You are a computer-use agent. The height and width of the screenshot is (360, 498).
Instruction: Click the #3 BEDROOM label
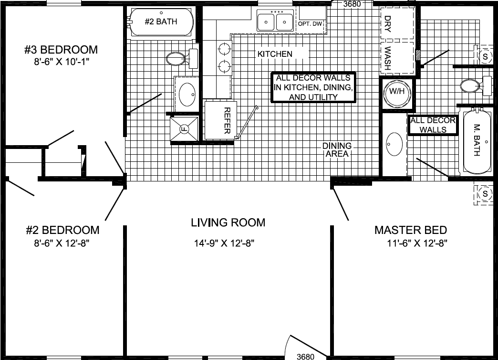pyautogui.click(x=61, y=50)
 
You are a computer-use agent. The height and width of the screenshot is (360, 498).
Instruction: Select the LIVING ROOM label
pyautogui.click(x=228, y=222)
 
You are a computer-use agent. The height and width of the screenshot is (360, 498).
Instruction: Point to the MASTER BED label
pyautogui.click(x=411, y=230)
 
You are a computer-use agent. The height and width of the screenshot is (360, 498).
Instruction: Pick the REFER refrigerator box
pyautogui.click(x=220, y=120)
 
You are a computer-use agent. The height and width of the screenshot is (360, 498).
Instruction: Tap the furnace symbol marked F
pyautogui.click(x=184, y=129)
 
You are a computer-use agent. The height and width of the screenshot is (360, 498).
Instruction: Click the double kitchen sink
pyautogui.click(x=275, y=21)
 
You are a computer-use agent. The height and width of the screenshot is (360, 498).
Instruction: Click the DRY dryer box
pyautogui.click(x=396, y=22)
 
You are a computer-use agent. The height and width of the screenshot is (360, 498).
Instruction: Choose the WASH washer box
pyautogui.click(x=396, y=58)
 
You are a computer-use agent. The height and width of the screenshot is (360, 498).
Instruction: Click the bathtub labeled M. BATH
pyautogui.click(x=477, y=142)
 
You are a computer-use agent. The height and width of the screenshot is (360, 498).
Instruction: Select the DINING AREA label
pyautogui.click(x=337, y=150)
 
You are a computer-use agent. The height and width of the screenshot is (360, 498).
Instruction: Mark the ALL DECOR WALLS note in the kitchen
pyautogui.click(x=313, y=87)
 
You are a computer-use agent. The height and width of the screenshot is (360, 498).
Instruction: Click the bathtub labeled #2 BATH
pyautogui.click(x=161, y=22)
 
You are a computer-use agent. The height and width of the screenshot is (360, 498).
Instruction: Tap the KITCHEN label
pyautogui.click(x=275, y=54)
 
